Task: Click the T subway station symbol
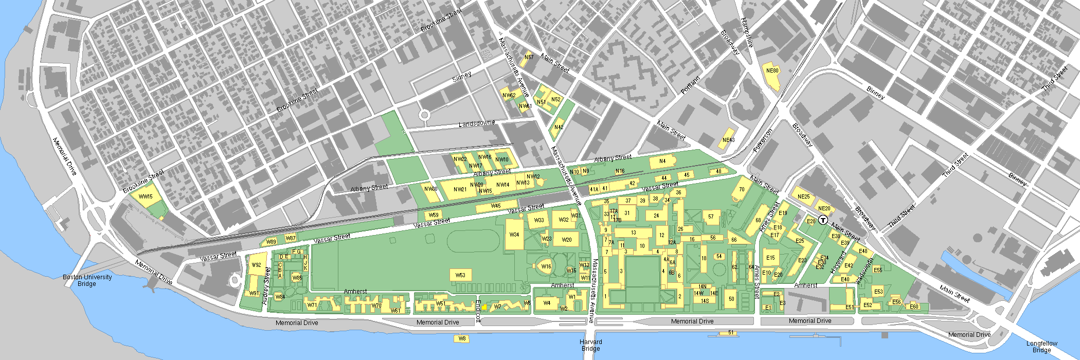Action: point(823,220)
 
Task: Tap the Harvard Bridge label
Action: point(590,345)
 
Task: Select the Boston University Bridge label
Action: point(87,280)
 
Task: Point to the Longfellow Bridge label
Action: point(1041,347)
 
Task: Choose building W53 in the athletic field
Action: point(460,275)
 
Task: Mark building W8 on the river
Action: point(462,338)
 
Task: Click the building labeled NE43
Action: point(728,140)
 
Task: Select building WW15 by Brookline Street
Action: point(146,197)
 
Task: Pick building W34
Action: point(514,235)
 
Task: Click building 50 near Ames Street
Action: point(731,299)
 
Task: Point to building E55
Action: point(878,269)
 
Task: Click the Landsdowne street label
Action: point(477,124)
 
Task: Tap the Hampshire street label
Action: point(747,32)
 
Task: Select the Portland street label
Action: point(690,85)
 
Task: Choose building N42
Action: point(559,127)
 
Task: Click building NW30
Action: point(430,189)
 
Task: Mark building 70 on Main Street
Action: point(742,189)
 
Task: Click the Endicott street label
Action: point(478,312)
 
